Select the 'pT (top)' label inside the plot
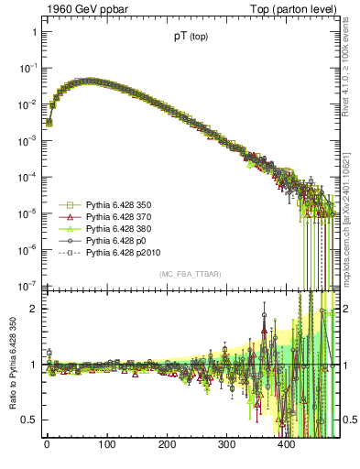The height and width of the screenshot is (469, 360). pos(190,38)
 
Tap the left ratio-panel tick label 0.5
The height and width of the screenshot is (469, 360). pos(29,420)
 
